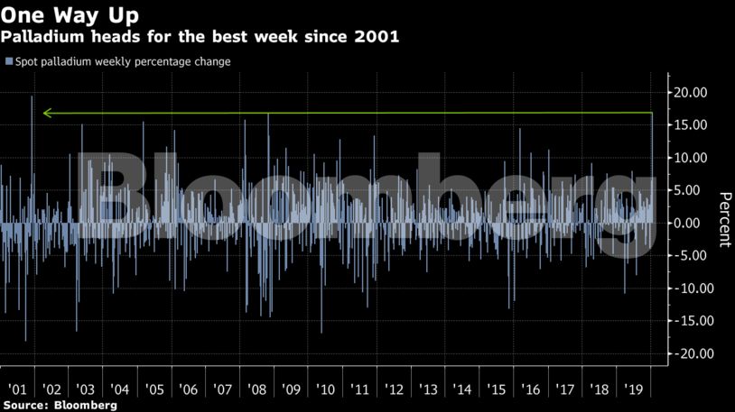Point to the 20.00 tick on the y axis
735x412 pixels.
pos(688,93)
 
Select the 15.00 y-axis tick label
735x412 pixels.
pos(688,125)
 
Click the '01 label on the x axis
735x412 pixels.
pos(16,389)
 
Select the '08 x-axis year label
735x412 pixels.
pos(256,389)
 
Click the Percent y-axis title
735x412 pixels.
pos(723,219)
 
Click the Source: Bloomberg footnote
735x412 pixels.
pos(59,406)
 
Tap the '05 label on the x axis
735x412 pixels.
pos(154,389)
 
